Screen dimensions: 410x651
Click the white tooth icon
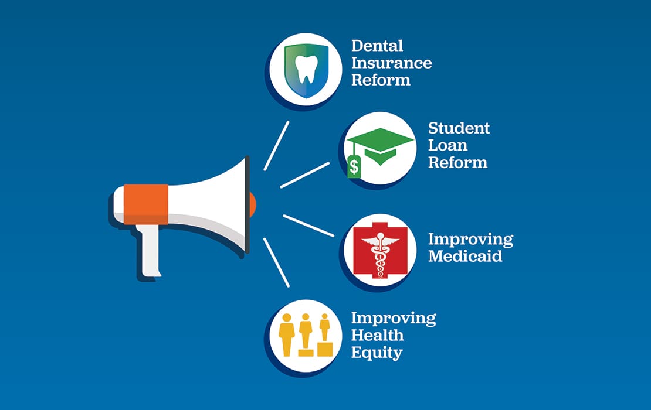click(x=304, y=69)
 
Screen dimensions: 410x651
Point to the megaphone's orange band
click(x=146, y=204)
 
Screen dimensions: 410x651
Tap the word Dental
click(x=377, y=45)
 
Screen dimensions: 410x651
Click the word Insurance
click(x=391, y=63)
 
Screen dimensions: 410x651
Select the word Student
click(x=459, y=128)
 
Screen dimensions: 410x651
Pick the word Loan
click(x=448, y=145)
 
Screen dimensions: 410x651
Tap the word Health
click(x=377, y=335)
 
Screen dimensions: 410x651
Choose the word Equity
click(x=377, y=353)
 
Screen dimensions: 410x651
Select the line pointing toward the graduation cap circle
click(x=305, y=175)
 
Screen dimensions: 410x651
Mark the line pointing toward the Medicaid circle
click(x=308, y=225)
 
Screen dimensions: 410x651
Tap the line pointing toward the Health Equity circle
click(x=276, y=262)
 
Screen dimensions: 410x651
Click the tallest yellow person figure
click(x=287, y=334)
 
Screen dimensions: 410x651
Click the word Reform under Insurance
click(x=381, y=80)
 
